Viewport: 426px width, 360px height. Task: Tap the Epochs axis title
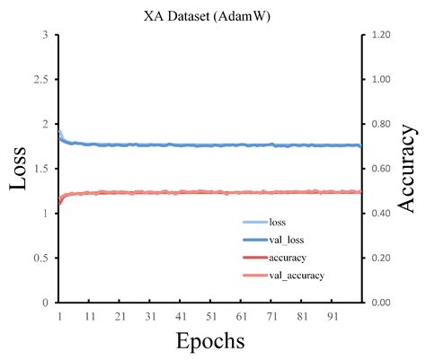[209, 341]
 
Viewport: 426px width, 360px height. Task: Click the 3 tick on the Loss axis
[45, 35]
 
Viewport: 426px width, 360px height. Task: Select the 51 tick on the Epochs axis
[211, 316]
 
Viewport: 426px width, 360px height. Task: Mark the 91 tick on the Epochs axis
[332, 316]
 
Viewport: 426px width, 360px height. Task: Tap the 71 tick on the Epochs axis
[271, 316]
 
